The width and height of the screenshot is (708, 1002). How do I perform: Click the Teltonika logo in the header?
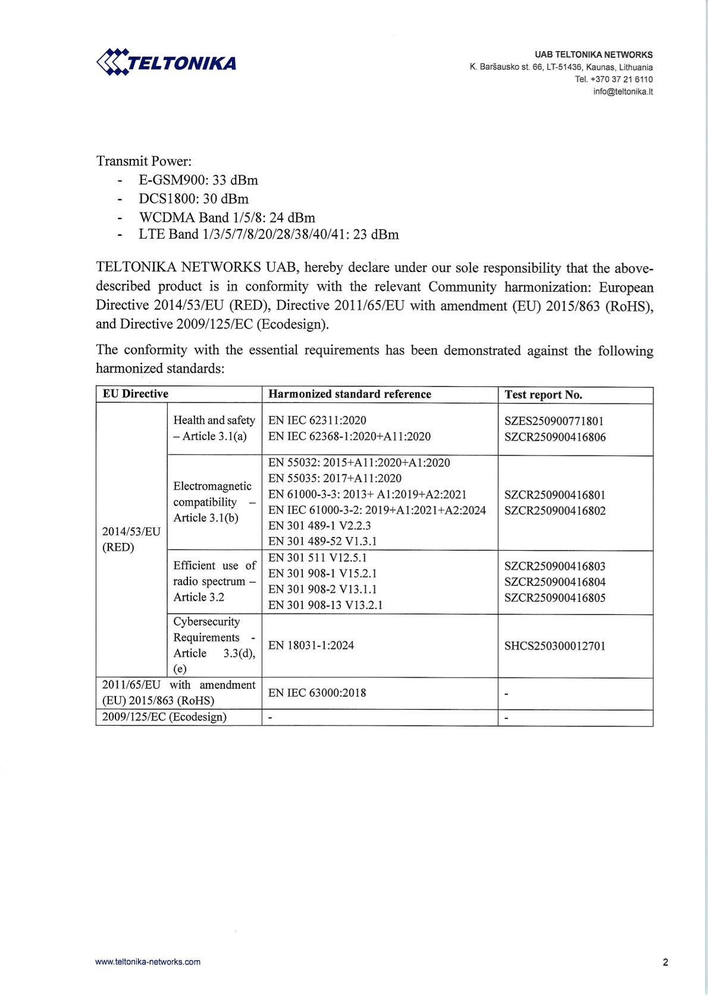coord(166,62)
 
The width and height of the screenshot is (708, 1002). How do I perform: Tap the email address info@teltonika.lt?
coord(623,92)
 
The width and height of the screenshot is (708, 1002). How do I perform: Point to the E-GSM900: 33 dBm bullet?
coord(198,180)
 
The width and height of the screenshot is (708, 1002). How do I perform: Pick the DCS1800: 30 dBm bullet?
coord(193,198)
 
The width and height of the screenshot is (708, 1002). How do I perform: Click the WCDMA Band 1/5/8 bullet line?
coord(227,217)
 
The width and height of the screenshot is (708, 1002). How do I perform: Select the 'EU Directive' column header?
coord(136,394)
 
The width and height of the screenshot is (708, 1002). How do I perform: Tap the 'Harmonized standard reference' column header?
coord(350,394)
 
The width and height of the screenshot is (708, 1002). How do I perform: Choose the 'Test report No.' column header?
coord(543,395)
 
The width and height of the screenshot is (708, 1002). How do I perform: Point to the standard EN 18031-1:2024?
coord(311,645)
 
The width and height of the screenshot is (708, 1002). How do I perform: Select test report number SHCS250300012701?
coord(555,646)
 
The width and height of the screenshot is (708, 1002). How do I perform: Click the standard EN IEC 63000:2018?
coord(317,693)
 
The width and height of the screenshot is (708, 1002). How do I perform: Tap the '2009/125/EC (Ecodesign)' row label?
coord(164,717)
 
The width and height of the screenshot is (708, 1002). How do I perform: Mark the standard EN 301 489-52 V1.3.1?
coord(322,541)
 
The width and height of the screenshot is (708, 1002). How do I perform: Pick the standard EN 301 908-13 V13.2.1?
coord(325,605)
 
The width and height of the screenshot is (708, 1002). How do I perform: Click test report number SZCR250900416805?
coord(555,598)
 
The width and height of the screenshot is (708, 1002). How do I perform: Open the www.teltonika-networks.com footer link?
coord(148,962)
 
